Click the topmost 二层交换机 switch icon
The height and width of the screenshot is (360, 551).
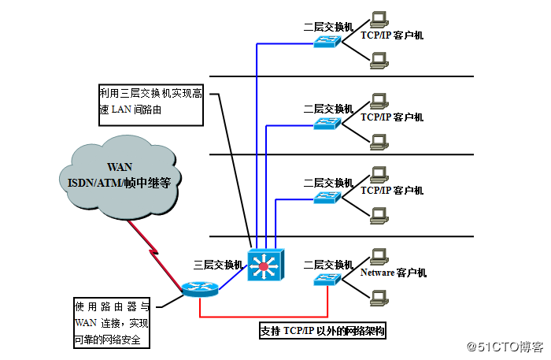[x=325, y=42]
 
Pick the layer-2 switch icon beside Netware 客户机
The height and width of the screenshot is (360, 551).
[x=325, y=280]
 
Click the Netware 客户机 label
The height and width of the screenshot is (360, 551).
[x=393, y=273]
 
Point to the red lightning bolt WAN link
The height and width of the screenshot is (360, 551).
[x=153, y=248]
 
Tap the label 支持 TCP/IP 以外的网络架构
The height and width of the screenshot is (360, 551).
[x=323, y=332]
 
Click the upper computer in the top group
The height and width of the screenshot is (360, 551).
[x=379, y=17]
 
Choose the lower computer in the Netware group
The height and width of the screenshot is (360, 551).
[x=379, y=297]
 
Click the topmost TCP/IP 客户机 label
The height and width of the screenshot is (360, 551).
[x=392, y=35]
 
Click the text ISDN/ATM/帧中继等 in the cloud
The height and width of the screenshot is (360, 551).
[x=120, y=182]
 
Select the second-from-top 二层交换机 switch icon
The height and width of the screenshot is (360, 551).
[x=325, y=124]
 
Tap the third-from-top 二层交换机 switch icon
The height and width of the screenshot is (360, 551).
[x=325, y=198]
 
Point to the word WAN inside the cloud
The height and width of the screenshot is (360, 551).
[x=120, y=166]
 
